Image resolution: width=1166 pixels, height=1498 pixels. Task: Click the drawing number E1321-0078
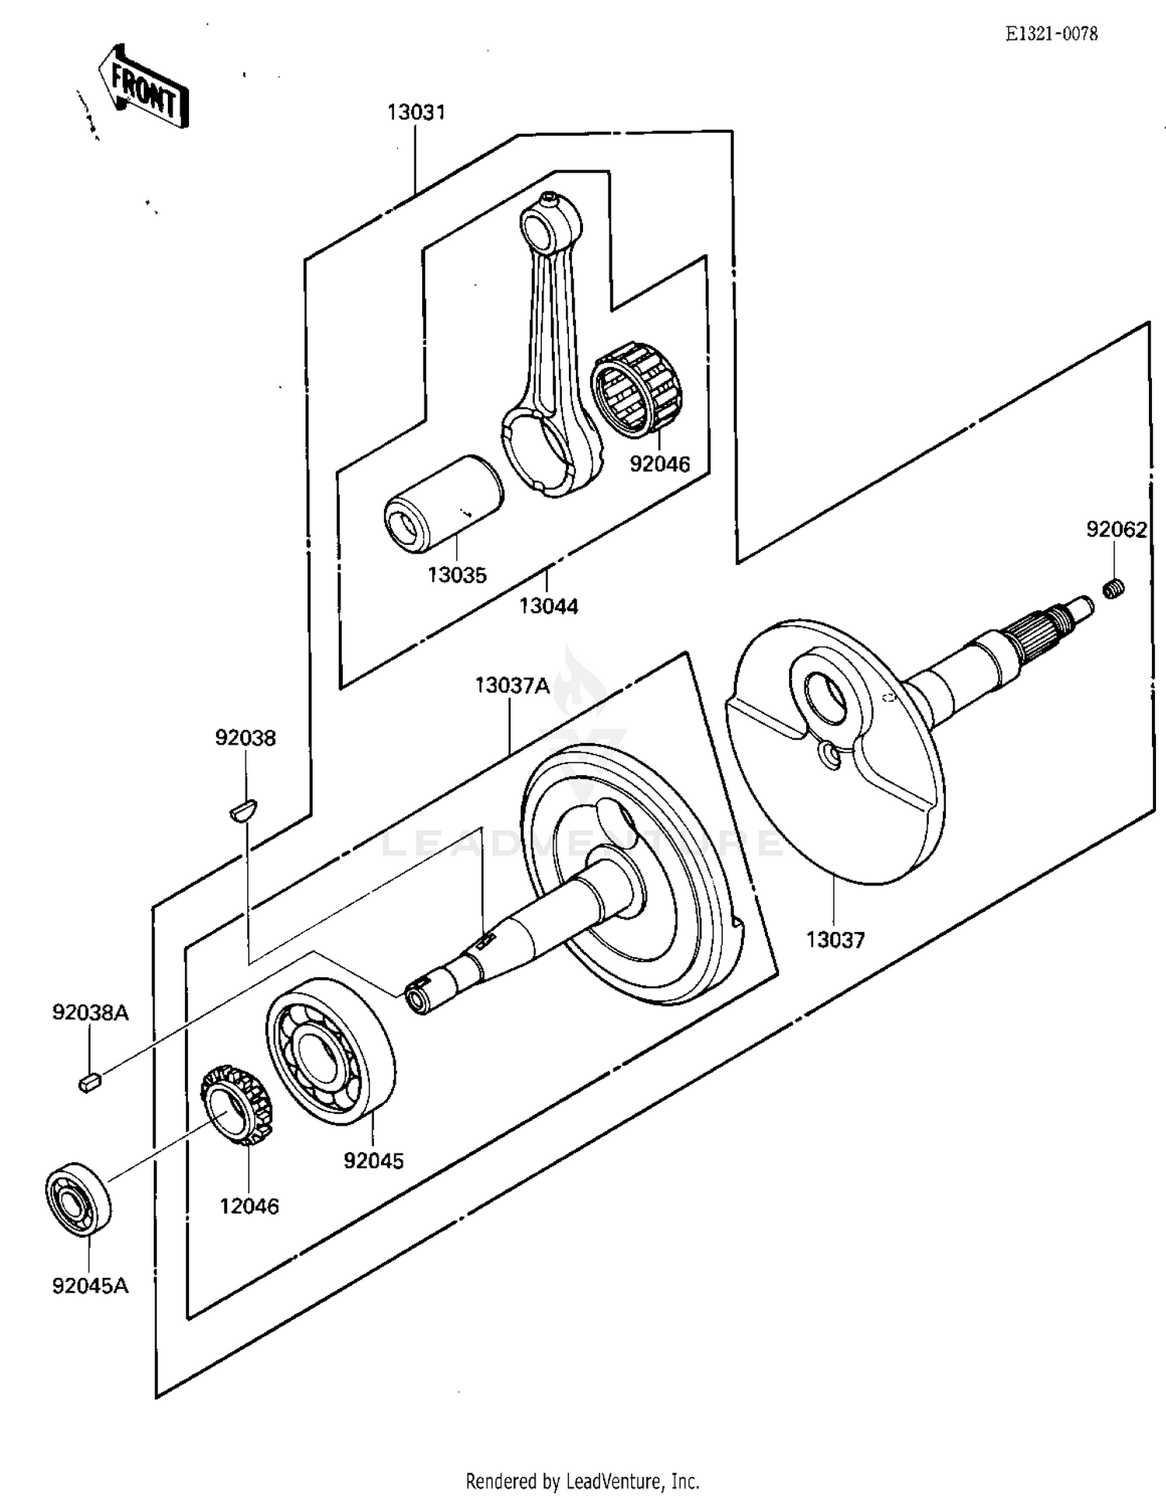(x=1051, y=33)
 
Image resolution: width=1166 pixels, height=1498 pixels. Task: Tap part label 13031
(x=416, y=113)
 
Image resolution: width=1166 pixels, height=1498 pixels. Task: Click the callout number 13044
(x=548, y=606)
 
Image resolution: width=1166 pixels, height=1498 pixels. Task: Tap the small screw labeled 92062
(x=1114, y=589)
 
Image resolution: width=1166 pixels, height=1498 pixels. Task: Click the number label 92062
(x=1116, y=529)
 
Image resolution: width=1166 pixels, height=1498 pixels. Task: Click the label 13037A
(x=511, y=686)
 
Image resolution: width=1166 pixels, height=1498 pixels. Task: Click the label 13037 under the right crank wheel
(x=835, y=940)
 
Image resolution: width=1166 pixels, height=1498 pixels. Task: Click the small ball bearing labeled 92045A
(x=79, y=1199)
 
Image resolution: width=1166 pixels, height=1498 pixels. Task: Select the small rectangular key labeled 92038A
(x=89, y=1081)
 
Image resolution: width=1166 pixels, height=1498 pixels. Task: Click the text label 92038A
(x=90, y=1013)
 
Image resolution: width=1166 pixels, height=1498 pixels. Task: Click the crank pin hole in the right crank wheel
(x=826, y=694)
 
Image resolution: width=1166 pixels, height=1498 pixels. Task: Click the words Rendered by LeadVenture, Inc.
(x=582, y=1480)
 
